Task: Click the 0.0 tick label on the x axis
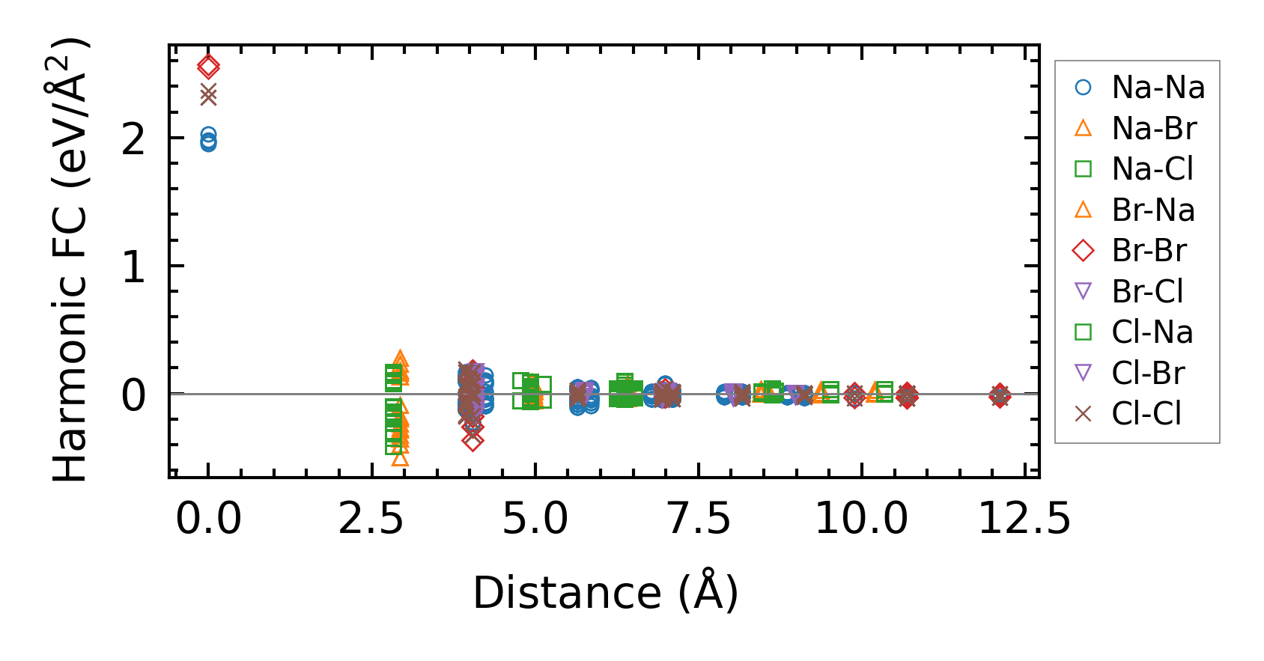[x=208, y=519]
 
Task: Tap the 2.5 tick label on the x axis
[x=372, y=519]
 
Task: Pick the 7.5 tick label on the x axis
[x=699, y=519]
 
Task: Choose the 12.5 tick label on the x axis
[x=1024, y=519]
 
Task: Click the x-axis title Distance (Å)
[x=605, y=593]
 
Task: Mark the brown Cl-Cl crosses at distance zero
[x=208, y=95]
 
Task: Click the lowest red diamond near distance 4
[x=473, y=441]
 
